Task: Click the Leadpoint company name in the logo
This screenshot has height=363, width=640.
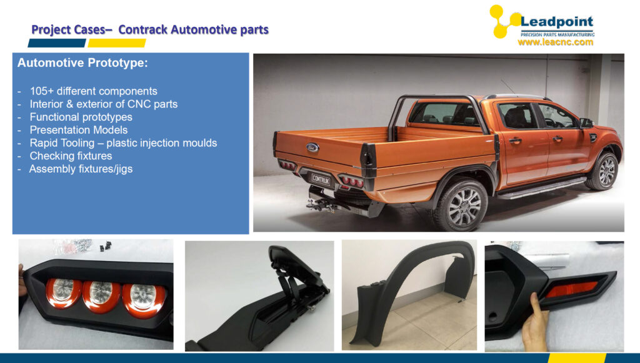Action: pyautogui.click(x=557, y=22)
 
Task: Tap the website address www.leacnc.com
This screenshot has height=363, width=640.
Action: pyautogui.click(x=556, y=42)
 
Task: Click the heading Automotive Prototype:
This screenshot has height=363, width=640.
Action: pyautogui.click(x=82, y=63)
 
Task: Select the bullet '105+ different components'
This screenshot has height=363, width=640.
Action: pyautogui.click(x=93, y=91)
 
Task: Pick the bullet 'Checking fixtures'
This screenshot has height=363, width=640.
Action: pyautogui.click(x=71, y=156)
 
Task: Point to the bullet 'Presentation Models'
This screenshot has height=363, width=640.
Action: pyautogui.click(x=78, y=130)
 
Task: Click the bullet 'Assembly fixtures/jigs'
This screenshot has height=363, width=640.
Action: pyautogui.click(x=81, y=169)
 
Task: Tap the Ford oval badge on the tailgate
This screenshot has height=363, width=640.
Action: pyautogui.click(x=312, y=148)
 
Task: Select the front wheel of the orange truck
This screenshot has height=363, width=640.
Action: pyautogui.click(x=602, y=171)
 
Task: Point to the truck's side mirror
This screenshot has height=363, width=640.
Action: pyautogui.click(x=586, y=123)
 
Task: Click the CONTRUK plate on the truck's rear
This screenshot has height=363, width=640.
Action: pyautogui.click(x=321, y=179)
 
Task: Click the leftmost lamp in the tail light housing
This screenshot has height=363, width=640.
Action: pyautogui.click(x=64, y=292)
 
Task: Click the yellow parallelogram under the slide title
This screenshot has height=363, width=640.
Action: pyautogui.click(x=117, y=43)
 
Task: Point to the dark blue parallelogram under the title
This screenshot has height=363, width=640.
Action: pyautogui.click(x=57, y=43)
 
